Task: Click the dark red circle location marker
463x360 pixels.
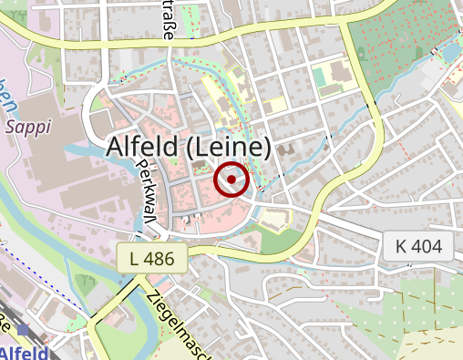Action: tap(231, 180)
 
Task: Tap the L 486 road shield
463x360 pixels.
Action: tap(151, 258)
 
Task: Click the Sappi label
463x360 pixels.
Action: tap(27, 128)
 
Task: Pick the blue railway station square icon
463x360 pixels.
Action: tap(23, 329)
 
